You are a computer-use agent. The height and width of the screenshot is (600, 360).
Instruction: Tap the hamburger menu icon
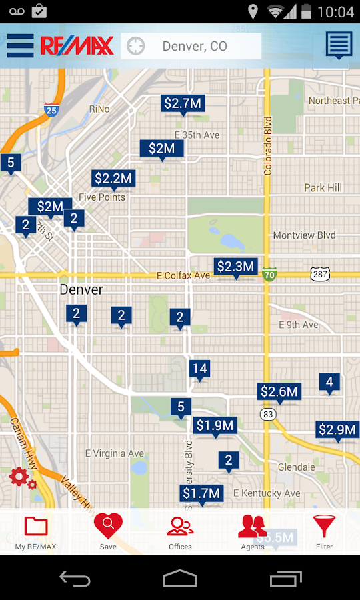click(20, 46)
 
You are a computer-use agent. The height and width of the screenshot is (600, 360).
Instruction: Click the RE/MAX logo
click(77, 46)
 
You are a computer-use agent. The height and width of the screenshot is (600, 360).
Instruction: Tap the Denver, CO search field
click(194, 46)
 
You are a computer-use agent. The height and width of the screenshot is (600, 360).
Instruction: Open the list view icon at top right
click(339, 45)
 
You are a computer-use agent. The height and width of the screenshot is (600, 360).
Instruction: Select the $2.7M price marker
click(182, 103)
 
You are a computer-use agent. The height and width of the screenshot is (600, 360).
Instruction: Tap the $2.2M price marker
click(113, 178)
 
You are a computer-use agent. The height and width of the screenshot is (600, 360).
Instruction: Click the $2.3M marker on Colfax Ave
click(235, 267)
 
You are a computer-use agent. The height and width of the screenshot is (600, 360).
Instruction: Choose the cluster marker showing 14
click(199, 369)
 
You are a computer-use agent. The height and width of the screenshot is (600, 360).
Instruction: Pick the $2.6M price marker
click(279, 391)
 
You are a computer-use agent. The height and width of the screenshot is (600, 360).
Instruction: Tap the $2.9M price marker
click(337, 430)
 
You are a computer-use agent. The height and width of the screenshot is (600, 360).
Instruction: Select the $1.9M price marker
click(215, 425)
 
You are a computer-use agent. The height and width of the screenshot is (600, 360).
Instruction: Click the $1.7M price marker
click(201, 493)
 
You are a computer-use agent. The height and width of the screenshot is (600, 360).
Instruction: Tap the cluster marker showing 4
click(329, 382)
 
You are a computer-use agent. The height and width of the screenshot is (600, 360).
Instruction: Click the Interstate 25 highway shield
click(51, 111)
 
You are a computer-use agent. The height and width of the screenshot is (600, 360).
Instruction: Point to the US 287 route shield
click(320, 273)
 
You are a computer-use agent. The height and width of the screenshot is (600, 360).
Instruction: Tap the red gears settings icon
click(22, 478)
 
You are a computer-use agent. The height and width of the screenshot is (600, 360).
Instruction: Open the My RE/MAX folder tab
click(36, 532)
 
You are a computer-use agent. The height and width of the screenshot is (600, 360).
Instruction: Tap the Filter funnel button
click(324, 532)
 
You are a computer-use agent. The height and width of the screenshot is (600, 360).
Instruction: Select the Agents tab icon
click(253, 532)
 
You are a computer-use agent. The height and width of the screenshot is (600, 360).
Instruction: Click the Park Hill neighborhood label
click(323, 188)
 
